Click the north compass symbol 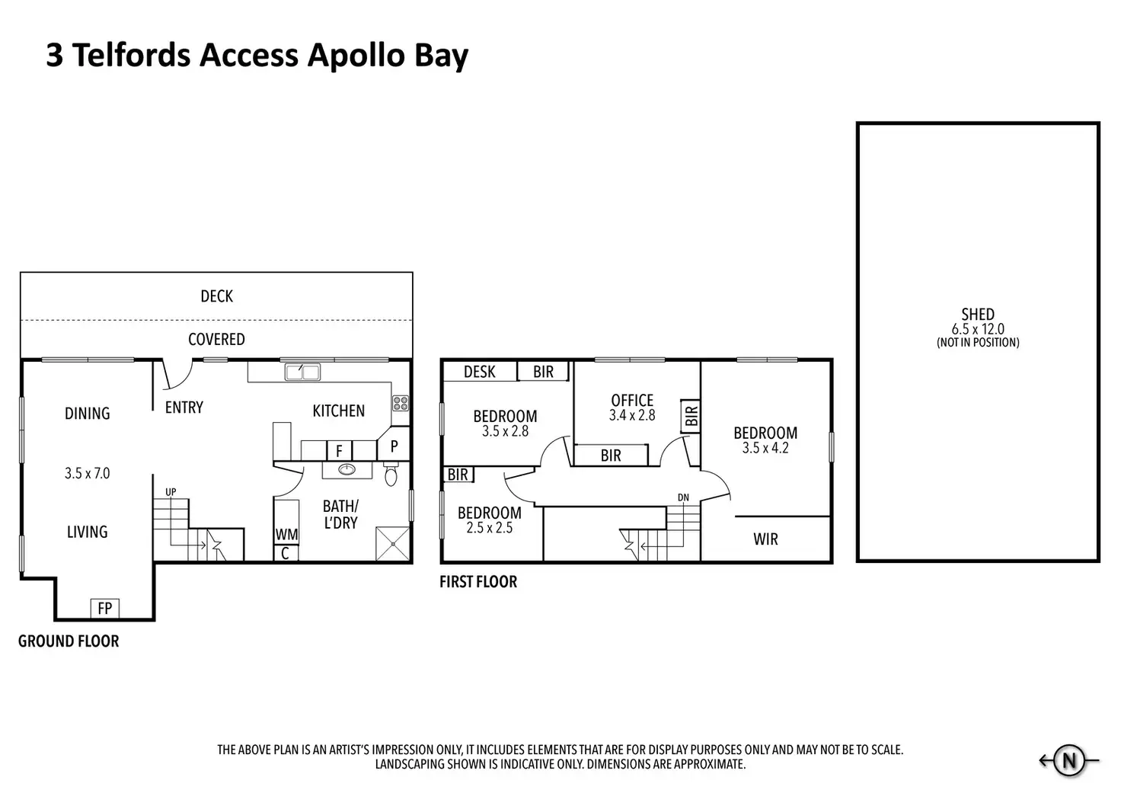[x=1068, y=760]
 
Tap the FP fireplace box [x=104, y=608]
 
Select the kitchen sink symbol [x=302, y=372]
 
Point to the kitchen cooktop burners [x=401, y=403]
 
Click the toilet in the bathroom [x=391, y=474]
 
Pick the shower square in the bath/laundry [x=393, y=543]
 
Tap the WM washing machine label [x=287, y=535]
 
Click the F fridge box [x=340, y=451]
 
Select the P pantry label [x=394, y=446]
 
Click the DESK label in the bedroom [x=480, y=372]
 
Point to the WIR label [x=765, y=539]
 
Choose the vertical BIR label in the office [x=691, y=415]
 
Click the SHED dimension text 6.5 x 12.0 [x=978, y=329]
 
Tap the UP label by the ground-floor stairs [x=171, y=491]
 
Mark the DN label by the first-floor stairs [x=683, y=497]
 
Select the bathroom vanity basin [x=347, y=469]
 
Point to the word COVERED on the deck [x=217, y=340]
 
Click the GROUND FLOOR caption [x=69, y=641]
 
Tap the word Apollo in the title [x=356, y=56]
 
